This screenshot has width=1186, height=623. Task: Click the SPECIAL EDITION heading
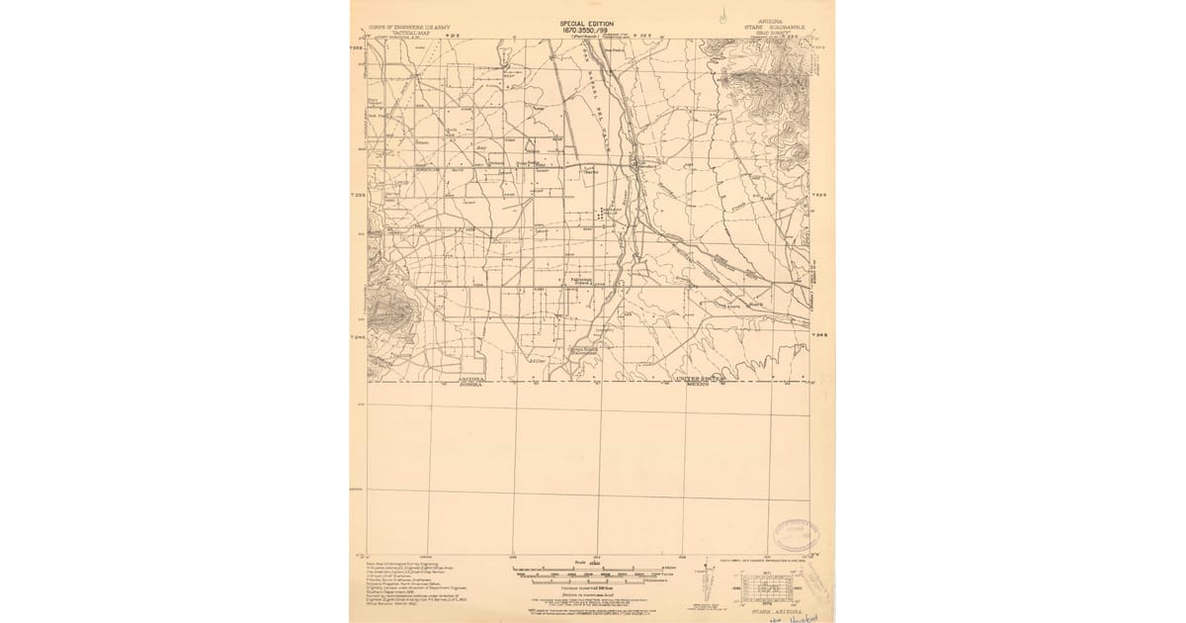click(587, 24)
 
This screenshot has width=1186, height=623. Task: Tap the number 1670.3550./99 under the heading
click(587, 31)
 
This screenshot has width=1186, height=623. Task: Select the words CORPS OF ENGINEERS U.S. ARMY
click(403, 26)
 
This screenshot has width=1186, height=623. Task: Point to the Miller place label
click(538, 362)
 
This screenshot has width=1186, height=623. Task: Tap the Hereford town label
click(645, 165)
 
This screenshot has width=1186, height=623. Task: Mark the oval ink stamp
click(796, 535)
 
